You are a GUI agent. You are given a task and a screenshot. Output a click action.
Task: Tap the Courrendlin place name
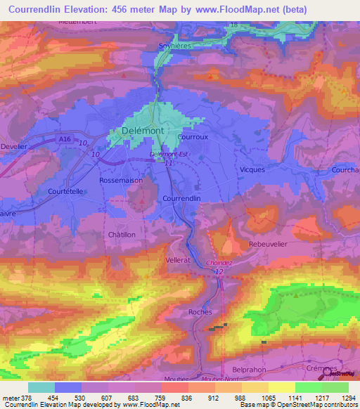click(182, 199)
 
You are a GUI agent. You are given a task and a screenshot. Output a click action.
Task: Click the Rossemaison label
click(122, 180)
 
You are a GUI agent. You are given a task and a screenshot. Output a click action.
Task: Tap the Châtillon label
click(121, 234)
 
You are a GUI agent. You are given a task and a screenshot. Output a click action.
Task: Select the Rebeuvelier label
click(269, 243)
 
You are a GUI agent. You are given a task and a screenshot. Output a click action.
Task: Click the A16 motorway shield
click(65, 140)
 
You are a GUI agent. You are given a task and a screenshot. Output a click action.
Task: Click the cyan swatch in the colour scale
click(41, 387)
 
